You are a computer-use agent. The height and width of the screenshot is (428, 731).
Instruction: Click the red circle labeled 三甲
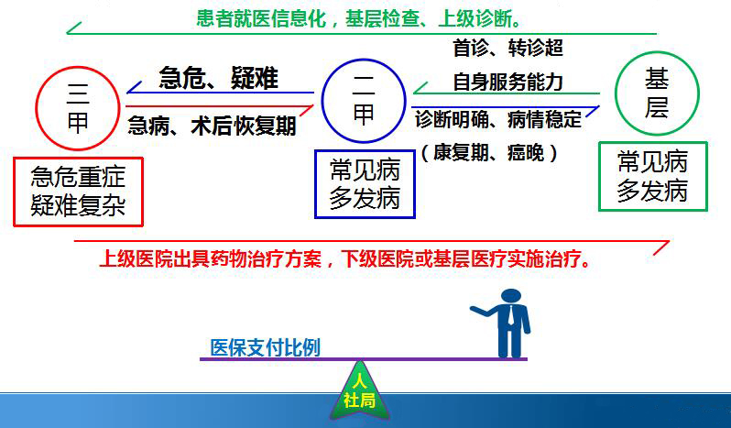click(37, 108)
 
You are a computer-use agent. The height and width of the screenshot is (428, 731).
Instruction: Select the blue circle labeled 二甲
click(322, 101)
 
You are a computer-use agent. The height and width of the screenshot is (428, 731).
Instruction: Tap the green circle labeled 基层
click(616, 93)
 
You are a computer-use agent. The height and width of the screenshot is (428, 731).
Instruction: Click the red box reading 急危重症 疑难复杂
click(14, 192)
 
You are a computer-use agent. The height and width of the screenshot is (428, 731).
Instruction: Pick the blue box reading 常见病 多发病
click(316, 183)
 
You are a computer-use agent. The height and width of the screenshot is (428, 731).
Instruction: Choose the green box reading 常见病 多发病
click(599, 176)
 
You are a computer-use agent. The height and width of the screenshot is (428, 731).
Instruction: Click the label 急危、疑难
click(218, 77)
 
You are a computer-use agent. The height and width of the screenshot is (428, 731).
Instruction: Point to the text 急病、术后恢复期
click(212, 126)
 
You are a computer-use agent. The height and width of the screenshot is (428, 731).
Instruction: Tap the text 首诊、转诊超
click(508, 48)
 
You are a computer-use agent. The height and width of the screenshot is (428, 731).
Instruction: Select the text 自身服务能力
click(508, 82)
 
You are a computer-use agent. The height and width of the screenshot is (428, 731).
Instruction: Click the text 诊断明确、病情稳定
click(498, 119)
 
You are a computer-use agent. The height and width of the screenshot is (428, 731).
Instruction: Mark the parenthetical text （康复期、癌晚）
click(489, 152)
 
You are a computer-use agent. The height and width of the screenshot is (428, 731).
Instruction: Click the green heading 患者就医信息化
click(261, 18)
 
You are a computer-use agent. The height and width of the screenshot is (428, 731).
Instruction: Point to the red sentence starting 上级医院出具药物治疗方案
click(345, 258)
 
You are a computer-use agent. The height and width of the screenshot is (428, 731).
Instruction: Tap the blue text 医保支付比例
click(266, 347)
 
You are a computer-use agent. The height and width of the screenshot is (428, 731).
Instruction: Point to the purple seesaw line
click(364, 359)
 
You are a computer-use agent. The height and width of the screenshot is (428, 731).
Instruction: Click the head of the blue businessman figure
click(511, 296)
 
